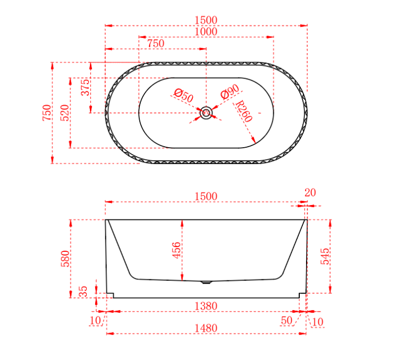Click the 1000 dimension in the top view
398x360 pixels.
206,32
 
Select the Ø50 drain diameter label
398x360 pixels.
183,95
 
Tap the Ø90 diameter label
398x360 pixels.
229,92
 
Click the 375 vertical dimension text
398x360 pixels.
85,87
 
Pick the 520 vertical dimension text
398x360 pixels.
65,112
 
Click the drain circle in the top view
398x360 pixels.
206,112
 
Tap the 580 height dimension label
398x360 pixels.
65,259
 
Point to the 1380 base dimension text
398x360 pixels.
206,306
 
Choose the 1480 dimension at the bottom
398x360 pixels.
206,328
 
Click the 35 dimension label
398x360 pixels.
83,292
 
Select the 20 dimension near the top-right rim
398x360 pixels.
310,193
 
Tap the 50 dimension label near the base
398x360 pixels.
286,320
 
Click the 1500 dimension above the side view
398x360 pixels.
206,196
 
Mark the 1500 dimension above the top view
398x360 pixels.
206,20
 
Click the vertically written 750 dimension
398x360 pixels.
47,113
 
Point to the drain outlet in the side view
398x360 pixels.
206,283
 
